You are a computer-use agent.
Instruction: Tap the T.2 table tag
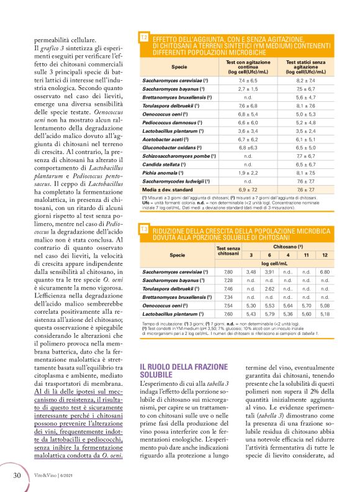144,39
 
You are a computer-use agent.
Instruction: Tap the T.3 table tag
144,230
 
